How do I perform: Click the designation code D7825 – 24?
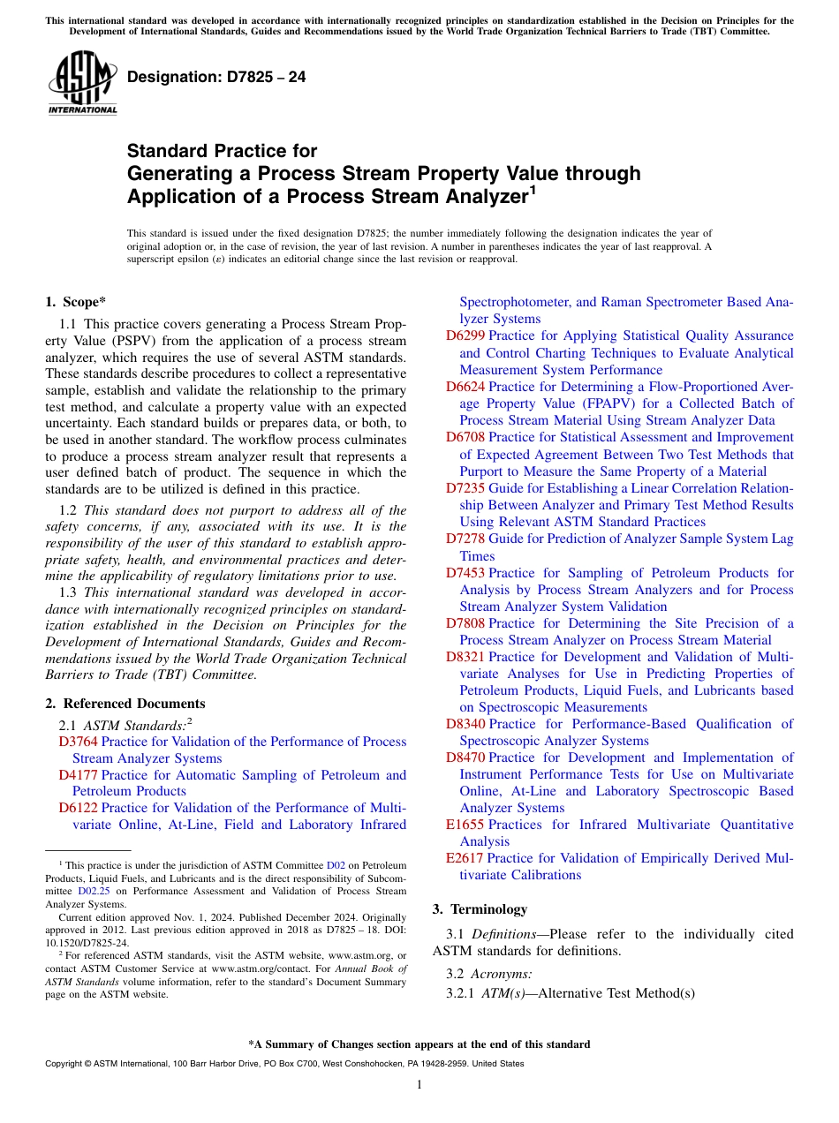216,78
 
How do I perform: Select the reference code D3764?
78,742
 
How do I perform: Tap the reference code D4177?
78,775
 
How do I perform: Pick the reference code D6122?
78,808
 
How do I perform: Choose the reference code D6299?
465,335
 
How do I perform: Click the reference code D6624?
465,387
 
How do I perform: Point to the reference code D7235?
465,488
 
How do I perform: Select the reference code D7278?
465,539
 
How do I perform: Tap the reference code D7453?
465,573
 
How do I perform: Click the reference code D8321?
465,657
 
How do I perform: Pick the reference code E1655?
465,825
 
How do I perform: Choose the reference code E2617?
465,858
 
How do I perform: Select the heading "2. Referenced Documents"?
125,704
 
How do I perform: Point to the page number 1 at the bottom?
419,1085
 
